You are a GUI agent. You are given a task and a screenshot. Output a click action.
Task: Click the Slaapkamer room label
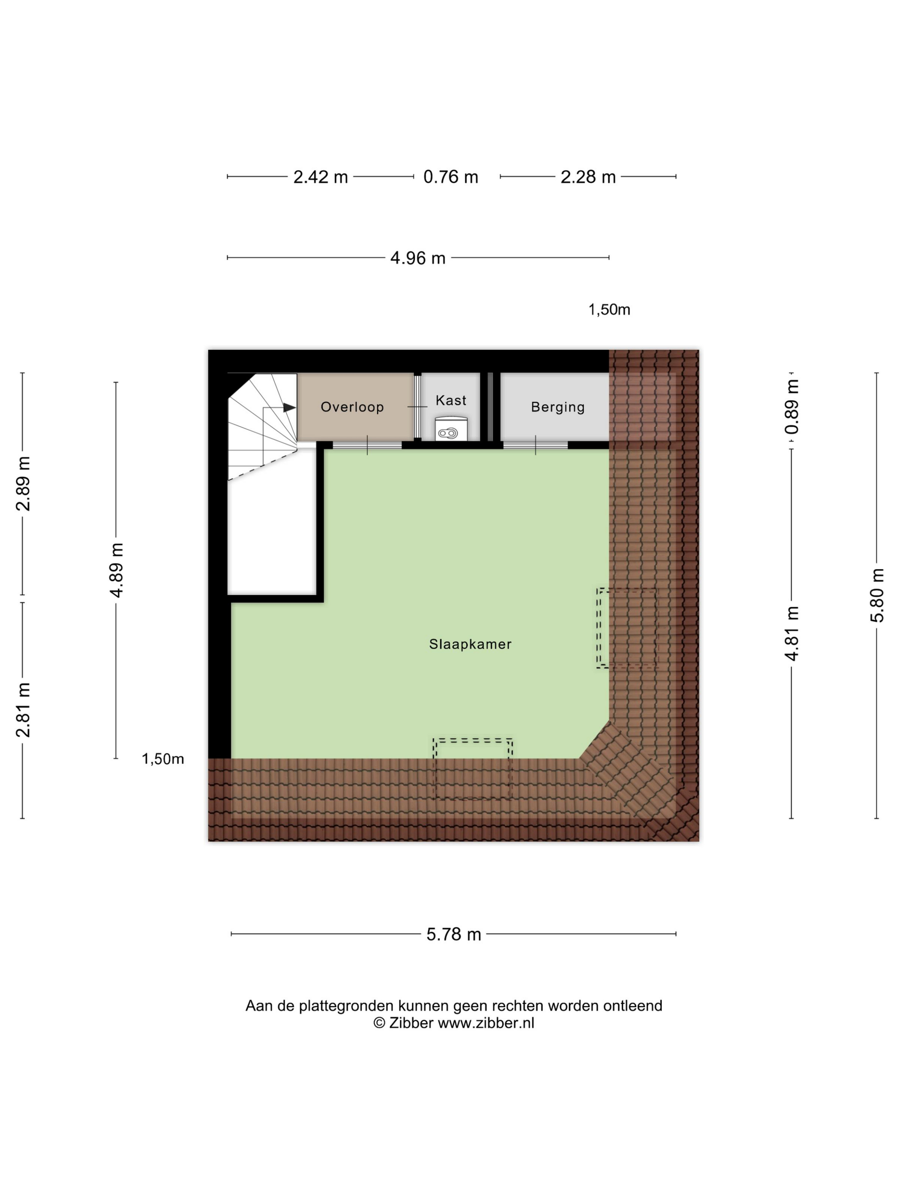[x=470, y=644]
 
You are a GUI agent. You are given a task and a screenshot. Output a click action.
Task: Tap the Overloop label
[x=352, y=407]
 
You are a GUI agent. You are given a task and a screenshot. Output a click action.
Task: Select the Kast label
[x=451, y=400]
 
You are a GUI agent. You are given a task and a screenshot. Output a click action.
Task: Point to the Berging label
[x=558, y=407]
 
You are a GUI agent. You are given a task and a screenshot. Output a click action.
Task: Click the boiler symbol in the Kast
[x=448, y=433]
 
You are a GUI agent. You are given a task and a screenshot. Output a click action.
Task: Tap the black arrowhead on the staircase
[x=289, y=407]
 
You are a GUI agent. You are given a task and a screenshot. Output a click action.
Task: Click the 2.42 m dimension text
[x=320, y=177]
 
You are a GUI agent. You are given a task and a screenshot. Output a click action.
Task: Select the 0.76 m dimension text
[x=450, y=177]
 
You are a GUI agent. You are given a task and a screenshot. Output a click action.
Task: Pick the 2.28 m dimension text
[x=588, y=177]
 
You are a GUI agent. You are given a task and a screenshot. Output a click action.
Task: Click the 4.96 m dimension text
[x=418, y=258]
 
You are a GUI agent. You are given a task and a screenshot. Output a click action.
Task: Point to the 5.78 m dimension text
[x=453, y=934]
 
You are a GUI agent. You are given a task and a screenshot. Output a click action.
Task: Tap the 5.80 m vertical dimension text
[x=877, y=595]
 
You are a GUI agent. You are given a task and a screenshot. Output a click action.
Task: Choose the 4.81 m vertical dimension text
[x=792, y=633]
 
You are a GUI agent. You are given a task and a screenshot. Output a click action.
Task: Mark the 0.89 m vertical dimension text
[x=792, y=407]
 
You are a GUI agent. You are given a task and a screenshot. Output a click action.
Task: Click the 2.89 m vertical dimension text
[x=23, y=483]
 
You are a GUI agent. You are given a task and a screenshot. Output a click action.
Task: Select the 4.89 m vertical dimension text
[x=116, y=570]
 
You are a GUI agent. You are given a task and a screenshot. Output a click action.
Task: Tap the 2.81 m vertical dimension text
[x=23, y=710]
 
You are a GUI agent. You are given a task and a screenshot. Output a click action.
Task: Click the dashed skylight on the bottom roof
[x=473, y=768]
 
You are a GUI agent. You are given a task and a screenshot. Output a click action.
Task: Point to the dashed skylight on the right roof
[x=626, y=628]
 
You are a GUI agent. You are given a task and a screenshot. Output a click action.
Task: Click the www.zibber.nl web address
[x=485, y=1023]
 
